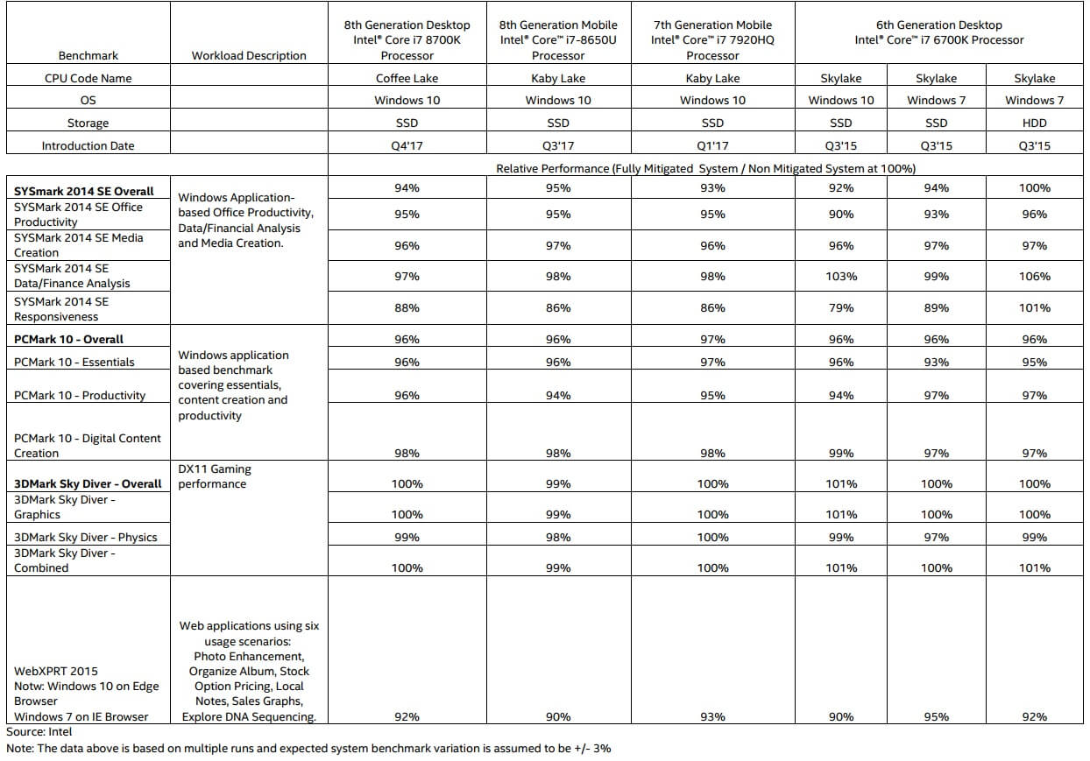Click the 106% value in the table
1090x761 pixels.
coord(1034,277)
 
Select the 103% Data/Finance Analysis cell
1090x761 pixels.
coord(840,277)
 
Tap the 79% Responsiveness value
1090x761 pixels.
coord(840,308)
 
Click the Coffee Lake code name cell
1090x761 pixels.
coord(407,78)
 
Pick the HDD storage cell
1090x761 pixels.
coord(1034,123)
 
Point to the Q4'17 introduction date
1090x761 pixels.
coord(407,146)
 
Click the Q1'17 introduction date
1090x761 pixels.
coord(712,146)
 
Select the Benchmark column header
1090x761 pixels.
coord(88,55)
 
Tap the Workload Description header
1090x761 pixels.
coord(249,55)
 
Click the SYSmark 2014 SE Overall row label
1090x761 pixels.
coord(83,191)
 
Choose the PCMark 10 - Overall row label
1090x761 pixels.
coord(68,339)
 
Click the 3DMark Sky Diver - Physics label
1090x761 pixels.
coord(86,537)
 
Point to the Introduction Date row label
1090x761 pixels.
coord(88,146)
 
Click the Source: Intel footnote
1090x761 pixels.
coord(39,731)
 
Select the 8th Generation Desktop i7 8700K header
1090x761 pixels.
coord(407,40)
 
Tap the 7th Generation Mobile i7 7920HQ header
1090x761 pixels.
coord(712,40)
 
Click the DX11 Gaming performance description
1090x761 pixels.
coord(216,476)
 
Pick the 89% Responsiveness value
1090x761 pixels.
coord(936,308)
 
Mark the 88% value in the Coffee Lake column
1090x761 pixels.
coord(407,308)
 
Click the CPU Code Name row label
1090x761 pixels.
coord(88,78)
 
